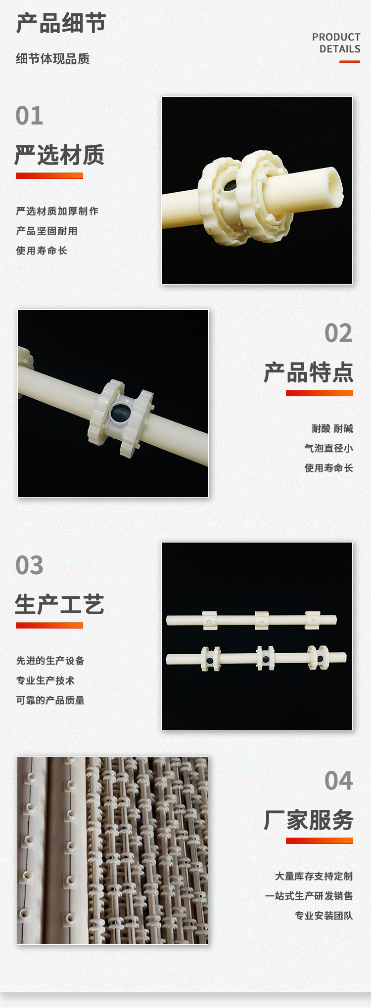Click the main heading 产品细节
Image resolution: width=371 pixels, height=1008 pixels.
(x=61, y=23)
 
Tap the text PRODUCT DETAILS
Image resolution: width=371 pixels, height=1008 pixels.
(x=336, y=43)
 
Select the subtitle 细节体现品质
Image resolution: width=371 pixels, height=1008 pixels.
(x=52, y=59)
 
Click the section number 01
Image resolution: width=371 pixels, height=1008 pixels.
(x=29, y=116)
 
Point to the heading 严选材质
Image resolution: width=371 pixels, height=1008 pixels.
(x=59, y=155)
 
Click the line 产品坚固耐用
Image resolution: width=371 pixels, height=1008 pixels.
(x=46, y=231)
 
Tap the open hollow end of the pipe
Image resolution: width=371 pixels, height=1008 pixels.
(x=335, y=185)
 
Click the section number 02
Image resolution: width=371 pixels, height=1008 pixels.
(x=338, y=333)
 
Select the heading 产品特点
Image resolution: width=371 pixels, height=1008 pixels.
(x=308, y=372)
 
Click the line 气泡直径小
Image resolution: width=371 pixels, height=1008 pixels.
(x=328, y=448)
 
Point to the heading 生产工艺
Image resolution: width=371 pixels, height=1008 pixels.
(x=59, y=604)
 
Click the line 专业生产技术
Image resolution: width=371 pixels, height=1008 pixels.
(x=45, y=680)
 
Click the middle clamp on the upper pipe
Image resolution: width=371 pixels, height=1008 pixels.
(x=262, y=620)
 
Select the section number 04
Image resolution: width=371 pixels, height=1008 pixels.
(x=338, y=781)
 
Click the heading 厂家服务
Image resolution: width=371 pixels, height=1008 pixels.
(x=308, y=820)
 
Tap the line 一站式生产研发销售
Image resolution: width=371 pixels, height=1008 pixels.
(x=309, y=896)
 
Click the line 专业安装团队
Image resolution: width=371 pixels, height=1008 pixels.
(x=324, y=916)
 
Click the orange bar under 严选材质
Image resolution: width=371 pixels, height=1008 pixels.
(x=49, y=175)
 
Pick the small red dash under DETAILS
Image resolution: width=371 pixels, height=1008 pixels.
(x=350, y=62)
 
